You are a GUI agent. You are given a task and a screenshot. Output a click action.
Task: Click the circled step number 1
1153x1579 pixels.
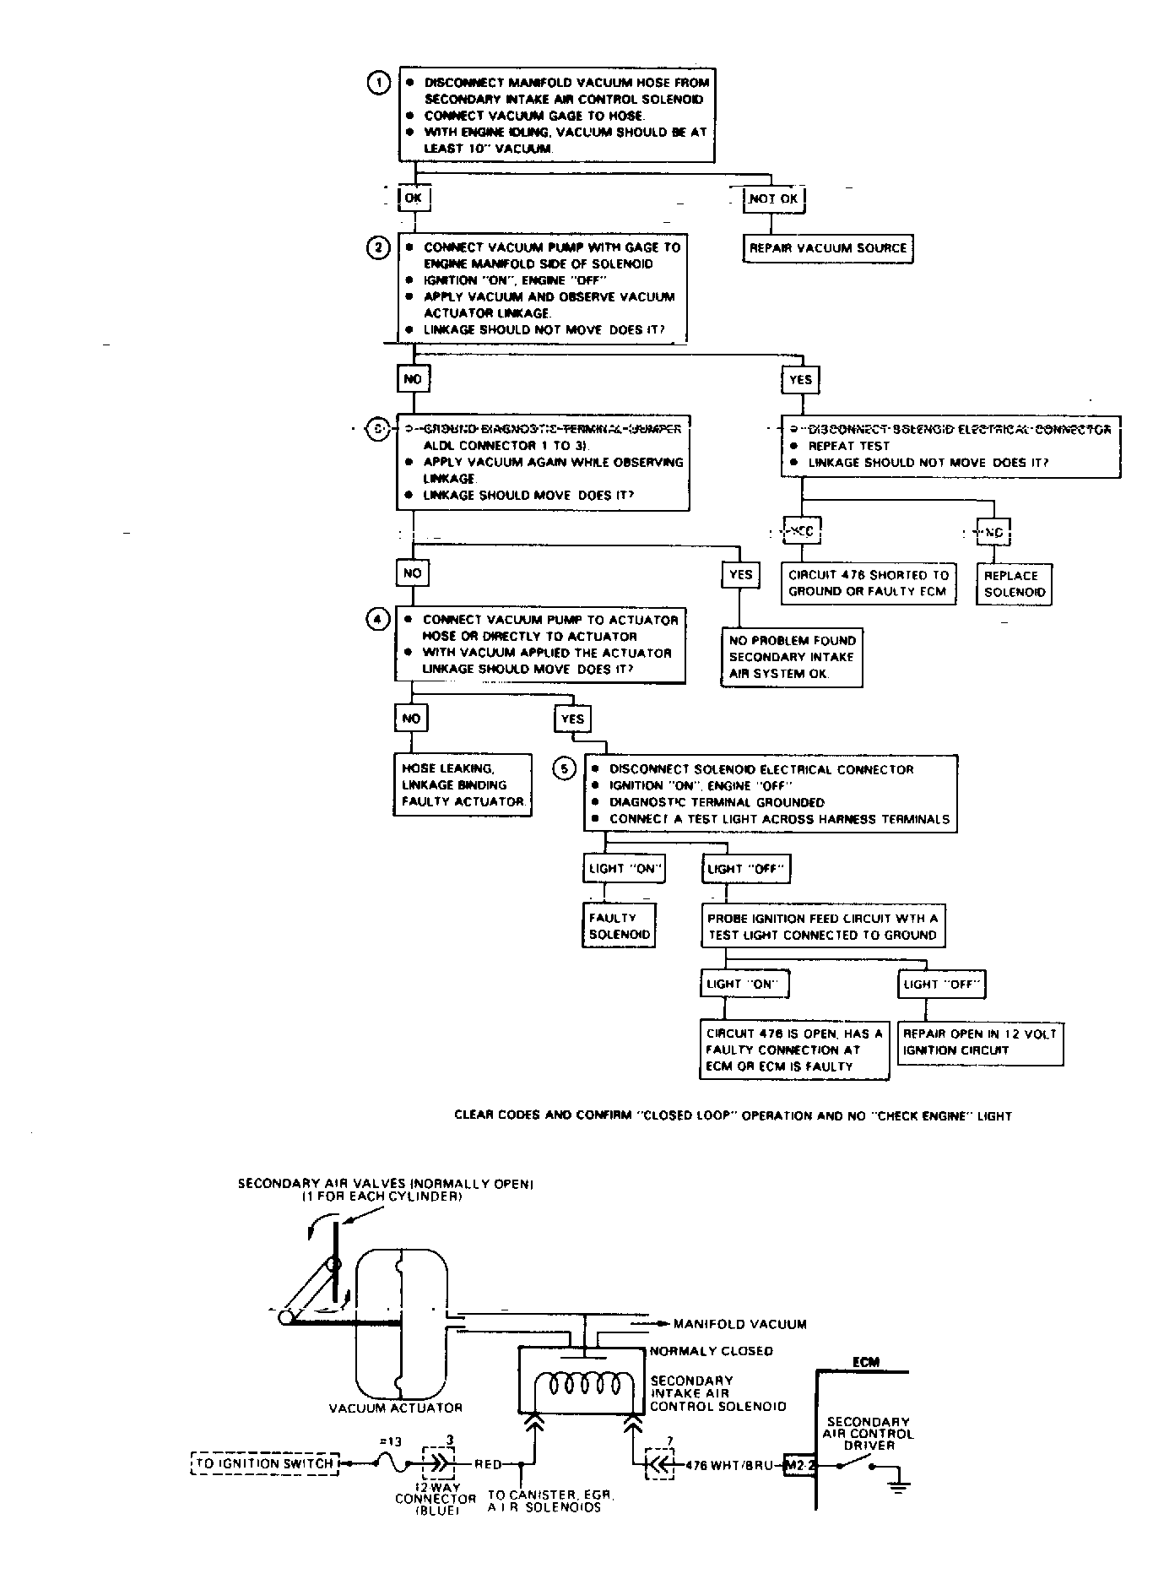tap(378, 83)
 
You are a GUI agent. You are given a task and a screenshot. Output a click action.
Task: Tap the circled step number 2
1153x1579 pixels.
tap(378, 247)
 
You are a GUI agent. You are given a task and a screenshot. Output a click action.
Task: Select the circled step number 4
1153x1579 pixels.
tap(376, 620)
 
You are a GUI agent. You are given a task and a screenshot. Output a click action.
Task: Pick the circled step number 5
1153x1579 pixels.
tap(564, 768)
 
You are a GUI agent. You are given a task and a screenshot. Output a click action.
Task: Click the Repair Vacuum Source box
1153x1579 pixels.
tap(827, 248)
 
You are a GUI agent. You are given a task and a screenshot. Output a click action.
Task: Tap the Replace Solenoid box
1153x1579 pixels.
tap(1015, 583)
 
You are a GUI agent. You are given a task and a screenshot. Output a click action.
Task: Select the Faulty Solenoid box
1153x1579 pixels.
tap(620, 926)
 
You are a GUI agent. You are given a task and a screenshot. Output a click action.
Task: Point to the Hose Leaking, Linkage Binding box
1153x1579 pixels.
tap(463, 784)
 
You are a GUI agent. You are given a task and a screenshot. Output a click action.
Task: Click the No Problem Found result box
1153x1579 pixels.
tap(792, 657)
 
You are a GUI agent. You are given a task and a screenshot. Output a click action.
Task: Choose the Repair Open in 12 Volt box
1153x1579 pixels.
tap(979, 1042)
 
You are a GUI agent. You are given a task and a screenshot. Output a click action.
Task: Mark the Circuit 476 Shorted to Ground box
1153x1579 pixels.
tap(869, 583)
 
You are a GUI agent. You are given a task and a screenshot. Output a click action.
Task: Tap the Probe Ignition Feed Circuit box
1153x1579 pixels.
tap(822, 926)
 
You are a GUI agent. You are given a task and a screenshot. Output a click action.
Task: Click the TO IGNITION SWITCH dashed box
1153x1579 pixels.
tap(265, 1463)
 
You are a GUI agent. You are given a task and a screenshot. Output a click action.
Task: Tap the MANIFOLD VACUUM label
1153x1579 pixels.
tap(739, 1324)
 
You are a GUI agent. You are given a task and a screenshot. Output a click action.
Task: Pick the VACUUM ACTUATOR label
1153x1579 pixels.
tap(395, 1408)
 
